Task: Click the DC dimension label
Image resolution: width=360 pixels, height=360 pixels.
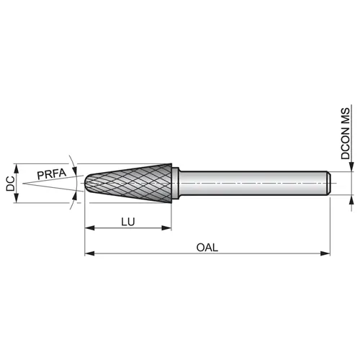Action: (x=10, y=184)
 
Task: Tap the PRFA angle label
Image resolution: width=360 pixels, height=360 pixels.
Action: (x=52, y=174)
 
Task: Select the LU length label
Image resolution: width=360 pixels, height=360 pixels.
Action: (x=128, y=222)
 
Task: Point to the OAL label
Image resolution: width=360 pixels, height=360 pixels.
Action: (x=207, y=248)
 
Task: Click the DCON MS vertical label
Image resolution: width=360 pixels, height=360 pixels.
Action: (x=346, y=133)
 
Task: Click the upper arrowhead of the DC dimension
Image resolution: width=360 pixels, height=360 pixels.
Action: (x=17, y=168)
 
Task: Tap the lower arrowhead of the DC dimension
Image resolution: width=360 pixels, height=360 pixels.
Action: (x=17, y=198)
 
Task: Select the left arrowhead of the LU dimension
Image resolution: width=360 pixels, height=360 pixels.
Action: (x=89, y=228)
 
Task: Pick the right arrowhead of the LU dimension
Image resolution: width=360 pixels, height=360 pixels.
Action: (x=166, y=228)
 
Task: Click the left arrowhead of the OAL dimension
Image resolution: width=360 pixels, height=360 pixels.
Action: (x=89, y=253)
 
